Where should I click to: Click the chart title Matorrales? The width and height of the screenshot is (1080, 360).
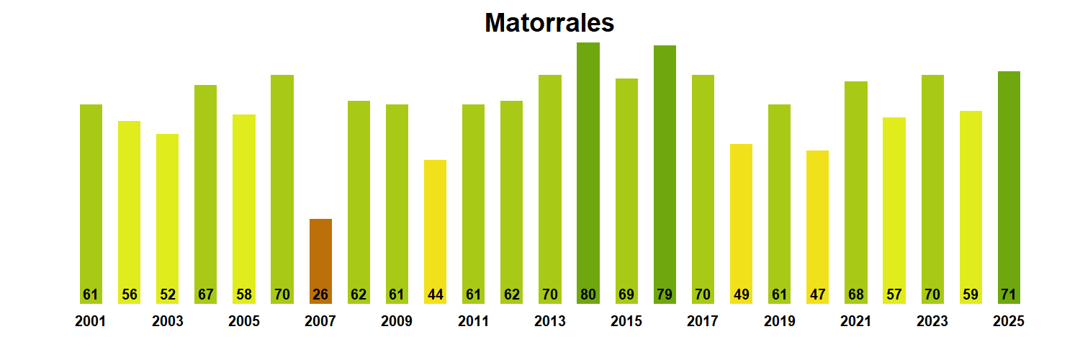pos(549,23)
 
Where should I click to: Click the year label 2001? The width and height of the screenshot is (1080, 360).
pos(90,322)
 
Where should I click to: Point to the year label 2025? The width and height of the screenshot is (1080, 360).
pos(1009,322)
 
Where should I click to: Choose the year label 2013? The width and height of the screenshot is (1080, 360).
pos(549,322)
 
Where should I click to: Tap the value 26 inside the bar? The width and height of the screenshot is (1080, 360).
pos(320,294)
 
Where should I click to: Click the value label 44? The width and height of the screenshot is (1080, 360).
pos(435,294)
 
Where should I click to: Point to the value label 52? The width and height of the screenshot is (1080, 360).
pos(167,294)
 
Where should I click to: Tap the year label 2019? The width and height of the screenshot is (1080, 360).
pos(779,322)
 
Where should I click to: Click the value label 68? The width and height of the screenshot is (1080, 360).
pos(855,294)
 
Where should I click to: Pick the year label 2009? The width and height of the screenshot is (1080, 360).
pos(397,322)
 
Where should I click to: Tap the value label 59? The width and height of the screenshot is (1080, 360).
pos(971,294)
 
